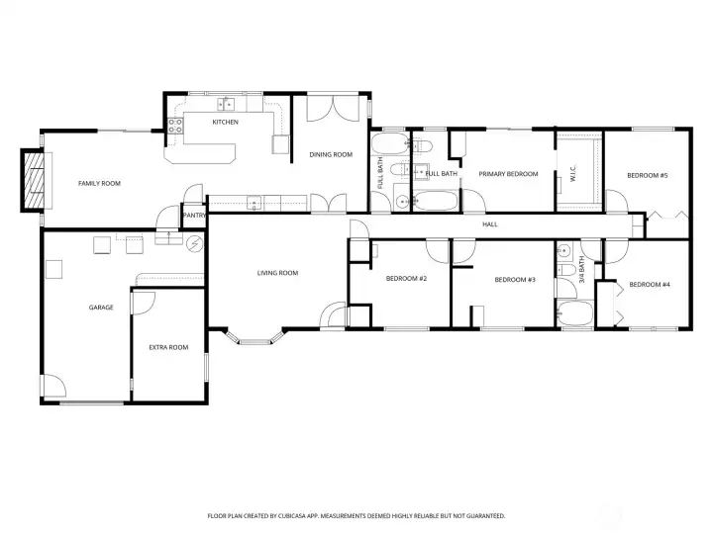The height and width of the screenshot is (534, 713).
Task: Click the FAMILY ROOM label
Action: coord(99,183)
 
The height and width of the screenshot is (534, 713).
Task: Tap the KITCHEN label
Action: coord(225,122)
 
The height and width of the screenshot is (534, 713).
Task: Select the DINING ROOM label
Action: coord(331,154)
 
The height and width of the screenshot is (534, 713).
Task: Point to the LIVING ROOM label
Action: coord(277,273)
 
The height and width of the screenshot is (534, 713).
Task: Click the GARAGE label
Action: coord(101,308)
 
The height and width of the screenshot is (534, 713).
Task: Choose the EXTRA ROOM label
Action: coord(168,347)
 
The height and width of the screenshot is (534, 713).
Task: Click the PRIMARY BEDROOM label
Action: coord(508,174)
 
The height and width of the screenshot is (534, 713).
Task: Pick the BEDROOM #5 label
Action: coord(647,175)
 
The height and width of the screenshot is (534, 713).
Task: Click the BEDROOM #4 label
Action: coord(650,285)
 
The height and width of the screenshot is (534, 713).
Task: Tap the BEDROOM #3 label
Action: coord(515,280)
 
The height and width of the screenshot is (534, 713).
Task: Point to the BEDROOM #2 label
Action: coord(406,279)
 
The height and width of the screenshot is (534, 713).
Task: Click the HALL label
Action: coord(489,224)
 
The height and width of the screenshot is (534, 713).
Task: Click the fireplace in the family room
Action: coord(34,180)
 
